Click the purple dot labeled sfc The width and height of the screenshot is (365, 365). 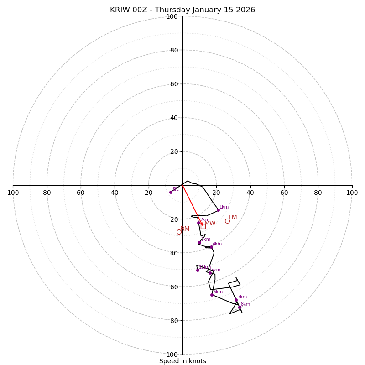tap(171, 192)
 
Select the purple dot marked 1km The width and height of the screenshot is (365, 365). tap(218, 210)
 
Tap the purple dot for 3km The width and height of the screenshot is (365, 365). tap(199, 243)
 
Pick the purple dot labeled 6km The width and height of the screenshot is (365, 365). tap(212, 295)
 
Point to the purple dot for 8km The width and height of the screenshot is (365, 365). tap(240, 307)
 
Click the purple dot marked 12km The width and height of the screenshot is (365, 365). tap(198, 270)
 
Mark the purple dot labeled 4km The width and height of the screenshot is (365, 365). tap(211, 247)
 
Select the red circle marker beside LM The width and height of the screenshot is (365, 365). tap(227, 221)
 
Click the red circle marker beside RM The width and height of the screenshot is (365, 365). tap(179, 232)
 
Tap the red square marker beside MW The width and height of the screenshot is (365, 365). tap(203, 226)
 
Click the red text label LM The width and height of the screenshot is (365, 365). tap(233, 218)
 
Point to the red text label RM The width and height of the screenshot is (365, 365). tap(185, 229)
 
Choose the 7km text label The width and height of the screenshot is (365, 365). tap(242, 297)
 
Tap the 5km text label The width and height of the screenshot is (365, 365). tap(215, 270)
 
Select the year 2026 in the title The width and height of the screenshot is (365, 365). tap(245, 10)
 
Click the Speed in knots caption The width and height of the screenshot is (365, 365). tap(182, 361)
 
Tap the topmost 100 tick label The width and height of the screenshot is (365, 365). tap(172, 16)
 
